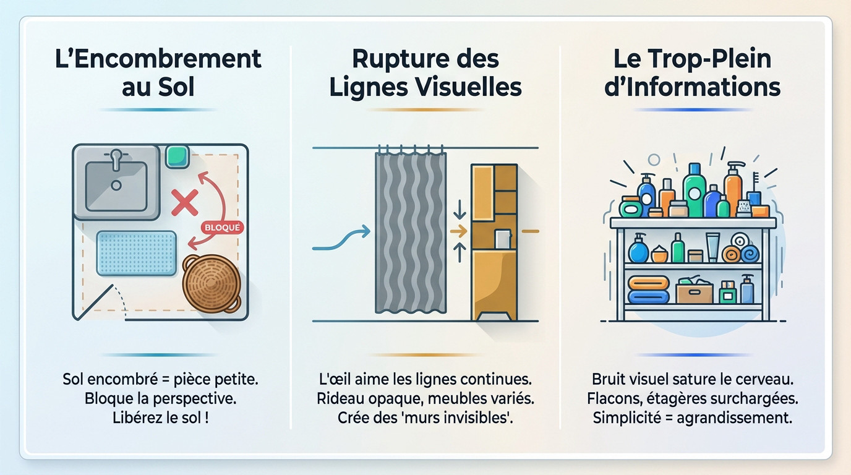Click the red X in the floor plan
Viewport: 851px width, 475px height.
coord(184,202)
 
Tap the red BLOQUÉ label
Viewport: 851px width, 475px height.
coord(223,228)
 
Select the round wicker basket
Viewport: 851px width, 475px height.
coord(211,284)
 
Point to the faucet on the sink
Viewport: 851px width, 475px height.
coord(116,160)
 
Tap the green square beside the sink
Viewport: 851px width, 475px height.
coord(177,156)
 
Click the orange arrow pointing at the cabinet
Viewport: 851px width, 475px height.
coord(458,232)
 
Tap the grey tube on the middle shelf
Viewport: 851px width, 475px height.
coord(712,247)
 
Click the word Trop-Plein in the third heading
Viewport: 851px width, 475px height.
coord(715,59)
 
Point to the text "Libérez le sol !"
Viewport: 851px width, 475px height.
coord(160,417)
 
